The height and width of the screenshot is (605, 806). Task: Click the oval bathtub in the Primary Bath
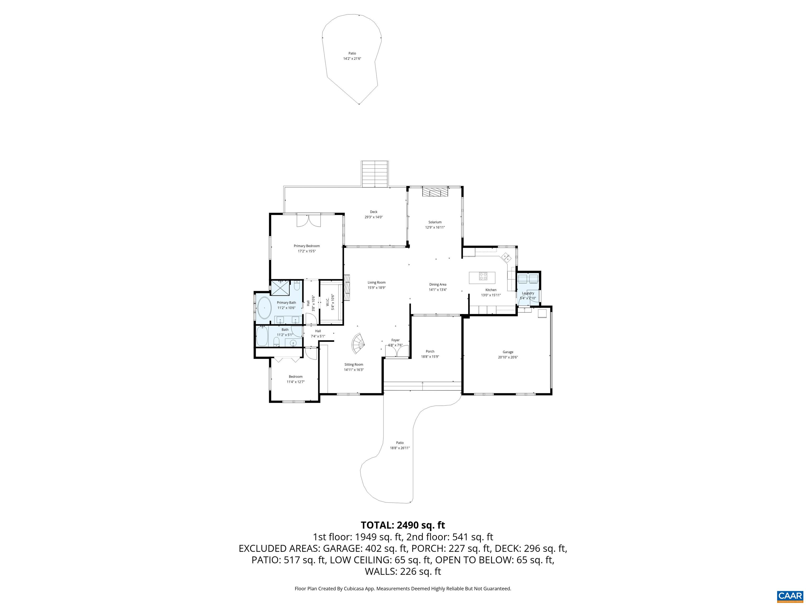pyautogui.click(x=264, y=308)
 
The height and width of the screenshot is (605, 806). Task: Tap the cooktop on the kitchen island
pyautogui.click(x=483, y=276)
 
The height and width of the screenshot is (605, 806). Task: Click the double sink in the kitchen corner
pyautogui.click(x=506, y=257)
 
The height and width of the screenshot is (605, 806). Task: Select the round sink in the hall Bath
pyautogui.click(x=293, y=342)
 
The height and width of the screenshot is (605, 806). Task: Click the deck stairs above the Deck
pyautogui.click(x=375, y=174)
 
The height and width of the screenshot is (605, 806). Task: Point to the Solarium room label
pyautogui.click(x=435, y=222)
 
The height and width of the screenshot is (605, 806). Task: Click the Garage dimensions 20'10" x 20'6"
pyautogui.click(x=508, y=357)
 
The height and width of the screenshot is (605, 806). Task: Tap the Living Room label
pyautogui.click(x=377, y=282)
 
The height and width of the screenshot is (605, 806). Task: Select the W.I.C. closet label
pyautogui.click(x=328, y=302)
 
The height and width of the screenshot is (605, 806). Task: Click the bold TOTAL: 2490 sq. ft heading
pyautogui.click(x=403, y=525)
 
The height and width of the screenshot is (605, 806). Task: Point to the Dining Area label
pyautogui.click(x=438, y=284)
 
